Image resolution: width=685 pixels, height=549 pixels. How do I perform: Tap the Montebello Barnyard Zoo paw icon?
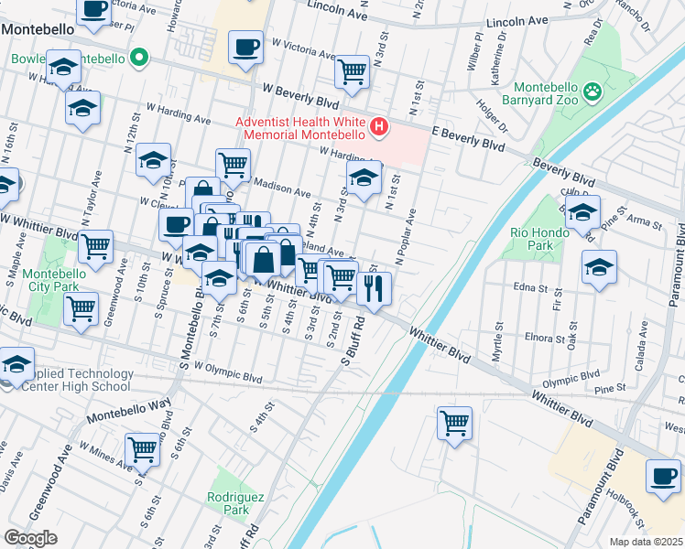point(593,90)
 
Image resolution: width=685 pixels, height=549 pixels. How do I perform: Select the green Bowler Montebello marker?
point(139,59)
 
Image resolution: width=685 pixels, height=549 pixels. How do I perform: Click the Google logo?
point(31,538)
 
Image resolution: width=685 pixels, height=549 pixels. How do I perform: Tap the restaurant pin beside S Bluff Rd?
point(375,288)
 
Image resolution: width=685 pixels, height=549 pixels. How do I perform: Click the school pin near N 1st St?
point(364,178)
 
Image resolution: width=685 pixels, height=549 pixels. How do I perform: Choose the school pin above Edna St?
point(599,267)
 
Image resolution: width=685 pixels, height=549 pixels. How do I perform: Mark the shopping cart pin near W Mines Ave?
point(143,449)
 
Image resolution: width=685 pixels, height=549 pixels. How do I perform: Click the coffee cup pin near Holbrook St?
point(663,475)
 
